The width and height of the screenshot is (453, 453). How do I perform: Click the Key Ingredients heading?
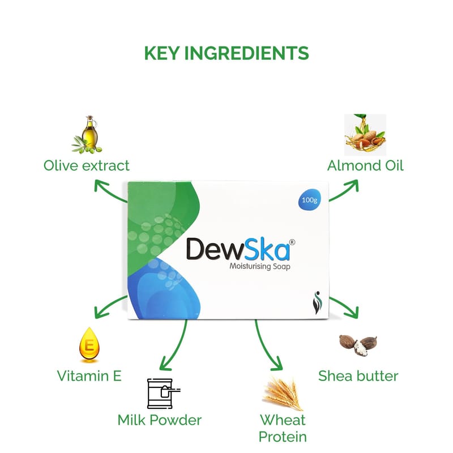point(226,53)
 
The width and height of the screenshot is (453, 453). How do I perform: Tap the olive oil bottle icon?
point(88,135)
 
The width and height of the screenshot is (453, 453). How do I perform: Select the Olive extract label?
point(87,165)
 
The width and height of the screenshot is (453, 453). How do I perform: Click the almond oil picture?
point(365,135)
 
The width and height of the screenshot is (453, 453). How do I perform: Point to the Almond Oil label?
point(365,165)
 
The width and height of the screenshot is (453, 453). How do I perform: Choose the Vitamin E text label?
point(89,375)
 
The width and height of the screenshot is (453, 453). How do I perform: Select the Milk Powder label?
point(160,420)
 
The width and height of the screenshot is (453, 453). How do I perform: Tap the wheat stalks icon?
point(283,392)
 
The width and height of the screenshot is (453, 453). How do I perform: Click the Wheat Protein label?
point(283,428)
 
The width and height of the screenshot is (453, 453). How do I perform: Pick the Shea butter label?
point(358,375)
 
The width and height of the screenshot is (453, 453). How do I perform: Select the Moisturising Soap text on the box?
point(259,267)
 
